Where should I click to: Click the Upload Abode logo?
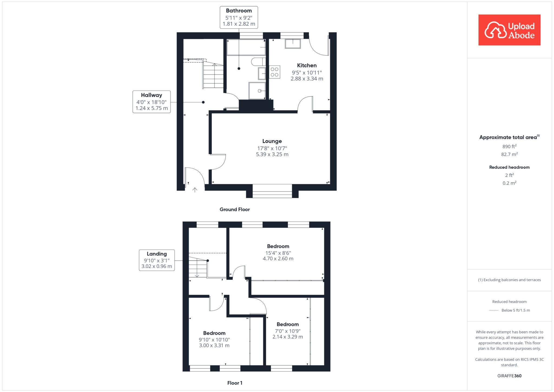point(509,30)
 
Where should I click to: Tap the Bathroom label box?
point(239,17)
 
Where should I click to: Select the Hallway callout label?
point(151,102)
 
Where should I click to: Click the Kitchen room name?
point(307,65)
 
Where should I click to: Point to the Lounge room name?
point(272,141)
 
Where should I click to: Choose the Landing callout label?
point(157,260)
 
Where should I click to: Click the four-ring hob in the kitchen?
point(275,72)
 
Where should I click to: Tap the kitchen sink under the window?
point(293,44)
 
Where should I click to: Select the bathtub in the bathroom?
point(246,47)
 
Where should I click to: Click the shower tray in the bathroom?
point(257,91)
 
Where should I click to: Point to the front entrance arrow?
point(195,190)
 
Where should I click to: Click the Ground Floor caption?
point(235,209)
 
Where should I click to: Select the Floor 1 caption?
point(235,383)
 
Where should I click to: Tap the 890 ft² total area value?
point(509,146)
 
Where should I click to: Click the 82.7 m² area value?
point(509,154)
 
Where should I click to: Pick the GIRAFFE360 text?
point(509,376)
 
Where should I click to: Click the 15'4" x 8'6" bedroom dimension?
point(278,253)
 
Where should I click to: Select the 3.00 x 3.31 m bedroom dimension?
point(214,345)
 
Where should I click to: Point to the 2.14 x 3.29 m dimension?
point(288,337)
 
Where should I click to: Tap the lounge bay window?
point(272,191)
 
